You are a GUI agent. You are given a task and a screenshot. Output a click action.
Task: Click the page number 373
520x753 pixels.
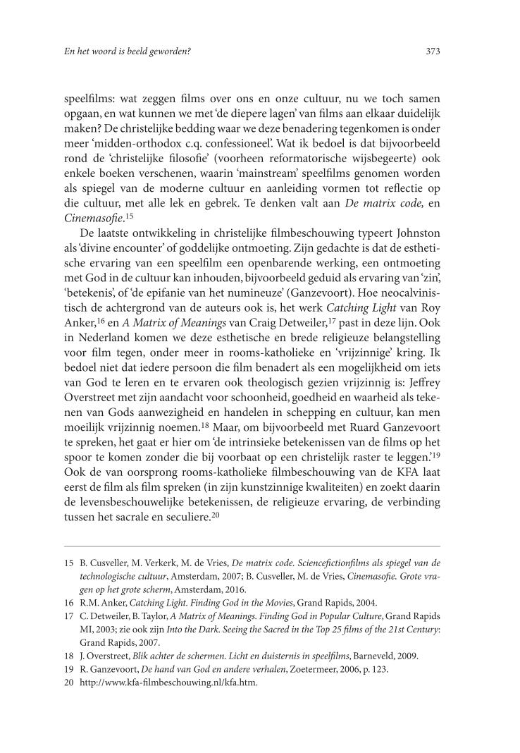433,51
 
